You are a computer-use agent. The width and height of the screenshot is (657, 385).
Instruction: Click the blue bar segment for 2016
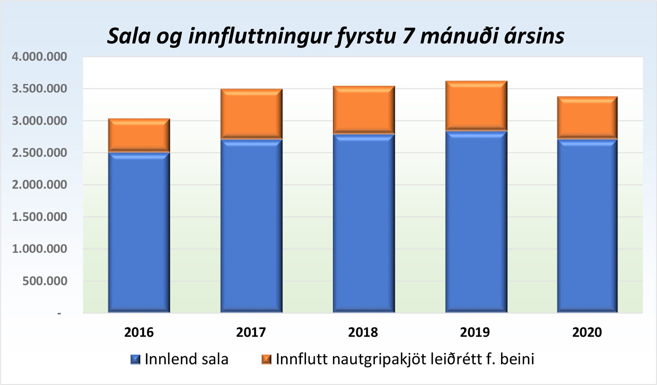pyautogui.click(x=139, y=232)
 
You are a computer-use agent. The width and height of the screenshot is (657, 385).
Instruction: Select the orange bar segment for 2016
pyautogui.click(x=139, y=135)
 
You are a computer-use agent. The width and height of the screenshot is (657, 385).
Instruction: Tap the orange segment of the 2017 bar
pyautogui.click(x=251, y=114)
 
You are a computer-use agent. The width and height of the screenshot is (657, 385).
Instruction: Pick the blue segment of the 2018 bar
pyautogui.click(x=364, y=223)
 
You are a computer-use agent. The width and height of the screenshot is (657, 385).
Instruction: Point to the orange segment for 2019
pyautogui.click(x=476, y=106)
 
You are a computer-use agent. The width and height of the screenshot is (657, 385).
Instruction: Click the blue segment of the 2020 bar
pyautogui.click(x=587, y=226)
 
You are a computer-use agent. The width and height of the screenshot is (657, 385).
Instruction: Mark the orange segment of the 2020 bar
pyautogui.click(x=587, y=118)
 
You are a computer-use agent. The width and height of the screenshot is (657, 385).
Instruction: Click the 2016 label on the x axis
pyautogui.click(x=139, y=332)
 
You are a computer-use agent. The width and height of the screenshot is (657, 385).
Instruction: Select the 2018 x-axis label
pyautogui.click(x=363, y=332)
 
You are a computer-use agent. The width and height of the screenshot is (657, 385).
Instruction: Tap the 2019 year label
pyautogui.click(x=475, y=332)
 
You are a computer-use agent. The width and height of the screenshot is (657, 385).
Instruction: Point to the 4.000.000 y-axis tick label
pyautogui.click(x=39, y=57)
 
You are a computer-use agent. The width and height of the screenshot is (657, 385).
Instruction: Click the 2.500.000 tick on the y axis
pyautogui.click(x=39, y=153)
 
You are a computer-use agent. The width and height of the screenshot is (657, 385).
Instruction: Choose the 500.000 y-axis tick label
pyautogui.click(x=45, y=281)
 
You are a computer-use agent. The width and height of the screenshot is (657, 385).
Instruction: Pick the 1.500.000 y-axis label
pyautogui.click(x=39, y=217)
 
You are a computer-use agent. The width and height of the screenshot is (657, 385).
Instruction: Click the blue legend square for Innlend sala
pyautogui.click(x=135, y=359)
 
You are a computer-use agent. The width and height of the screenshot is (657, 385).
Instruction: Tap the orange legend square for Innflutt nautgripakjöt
pyautogui.click(x=266, y=359)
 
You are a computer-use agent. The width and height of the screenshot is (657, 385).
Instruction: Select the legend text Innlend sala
pyautogui.click(x=186, y=359)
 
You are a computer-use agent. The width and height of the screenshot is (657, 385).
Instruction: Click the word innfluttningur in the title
pyautogui.click(x=260, y=36)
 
